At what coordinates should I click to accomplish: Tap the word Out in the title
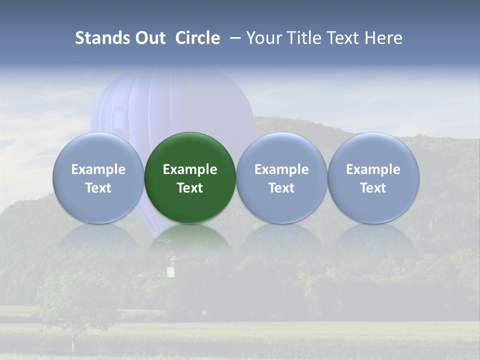(x=150, y=38)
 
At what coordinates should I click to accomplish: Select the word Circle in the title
(x=197, y=38)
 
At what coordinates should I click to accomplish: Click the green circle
(x=190, y=177)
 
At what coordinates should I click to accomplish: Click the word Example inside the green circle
(x=190, y=169)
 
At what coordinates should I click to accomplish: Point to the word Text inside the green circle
(x=190, y=188)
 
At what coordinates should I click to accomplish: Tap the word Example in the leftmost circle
(x=98, y=169)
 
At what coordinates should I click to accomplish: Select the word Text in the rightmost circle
(x=373, y=188)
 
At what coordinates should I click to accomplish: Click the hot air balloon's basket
(x=171, y=271)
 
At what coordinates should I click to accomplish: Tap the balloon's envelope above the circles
(x=172, y=100)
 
